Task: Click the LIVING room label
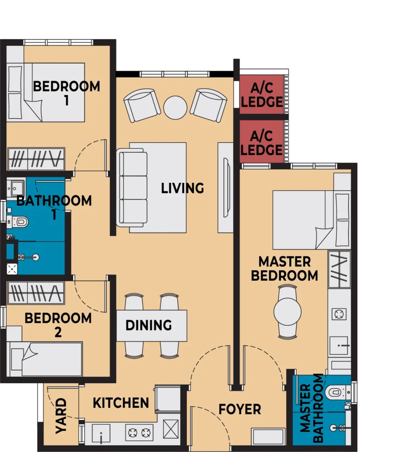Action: (x=183, y=188)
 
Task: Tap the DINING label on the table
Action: (x=149, y=325)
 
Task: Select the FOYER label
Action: (x=240, y=409)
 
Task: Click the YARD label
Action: (x=61, y=416)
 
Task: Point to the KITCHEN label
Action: (x=121, y=403)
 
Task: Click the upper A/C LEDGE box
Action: (x=262, y=94)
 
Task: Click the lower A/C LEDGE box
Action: (x=262, y=142)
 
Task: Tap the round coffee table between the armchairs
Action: (x=175, y=108)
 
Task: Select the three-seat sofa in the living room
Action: (x=132, y=188)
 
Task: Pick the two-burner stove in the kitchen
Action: (x=139, y=433)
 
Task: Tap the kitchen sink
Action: (x=101, y=433)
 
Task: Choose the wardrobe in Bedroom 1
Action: (x=36, y=159)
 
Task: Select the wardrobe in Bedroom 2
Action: (x=36, y=293)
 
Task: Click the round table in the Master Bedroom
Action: (x=287, y=312)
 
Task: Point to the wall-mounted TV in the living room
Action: (x=227, y=187)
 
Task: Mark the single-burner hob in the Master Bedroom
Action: (x=339, y=314)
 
